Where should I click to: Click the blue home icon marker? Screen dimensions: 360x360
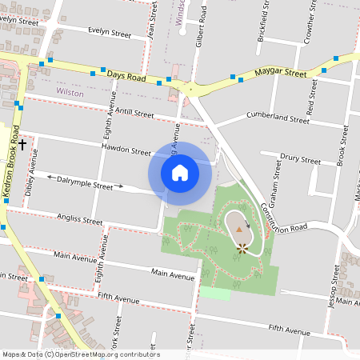point(180,172)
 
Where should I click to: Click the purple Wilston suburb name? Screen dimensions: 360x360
point(70,93)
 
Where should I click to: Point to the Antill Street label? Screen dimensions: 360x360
point(134,114)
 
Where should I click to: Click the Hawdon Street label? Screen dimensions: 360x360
point(126,150)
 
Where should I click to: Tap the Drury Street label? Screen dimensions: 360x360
point(301,161)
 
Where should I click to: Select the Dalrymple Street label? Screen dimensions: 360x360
point(86,184)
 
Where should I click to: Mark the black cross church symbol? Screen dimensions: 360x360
point(22,145)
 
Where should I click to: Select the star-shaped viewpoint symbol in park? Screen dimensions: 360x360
point(242,248)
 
